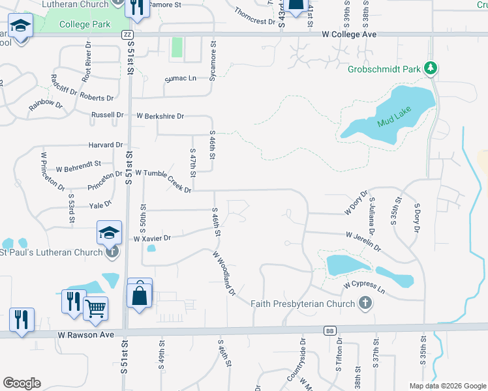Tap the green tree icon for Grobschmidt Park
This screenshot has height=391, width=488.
(x=430, y=67)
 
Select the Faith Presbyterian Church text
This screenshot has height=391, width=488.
(x=303, y=303)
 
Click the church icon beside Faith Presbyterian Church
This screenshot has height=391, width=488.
(x=365, y=303)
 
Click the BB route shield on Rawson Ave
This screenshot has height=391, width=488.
(x=329, y=330)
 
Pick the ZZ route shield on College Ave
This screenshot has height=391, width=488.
(x=127, y=34)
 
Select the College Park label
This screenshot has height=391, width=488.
(x=84, y=24)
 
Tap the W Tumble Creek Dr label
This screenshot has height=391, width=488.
(x=163, y=181)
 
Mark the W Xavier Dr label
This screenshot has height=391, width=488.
(x=151, y=239)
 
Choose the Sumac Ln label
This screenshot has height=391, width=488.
(x=183, y=78)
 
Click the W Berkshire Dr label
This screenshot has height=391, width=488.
(x=160, y=116)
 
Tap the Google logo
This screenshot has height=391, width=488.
(x=22, y=383)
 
